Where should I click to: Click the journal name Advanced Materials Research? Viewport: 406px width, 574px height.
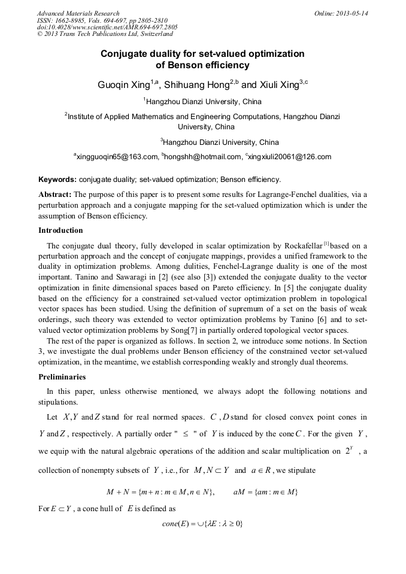click(78, 13)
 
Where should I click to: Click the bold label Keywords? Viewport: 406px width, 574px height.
click(57, 179)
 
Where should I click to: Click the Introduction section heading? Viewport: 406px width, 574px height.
click(60, 230)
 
